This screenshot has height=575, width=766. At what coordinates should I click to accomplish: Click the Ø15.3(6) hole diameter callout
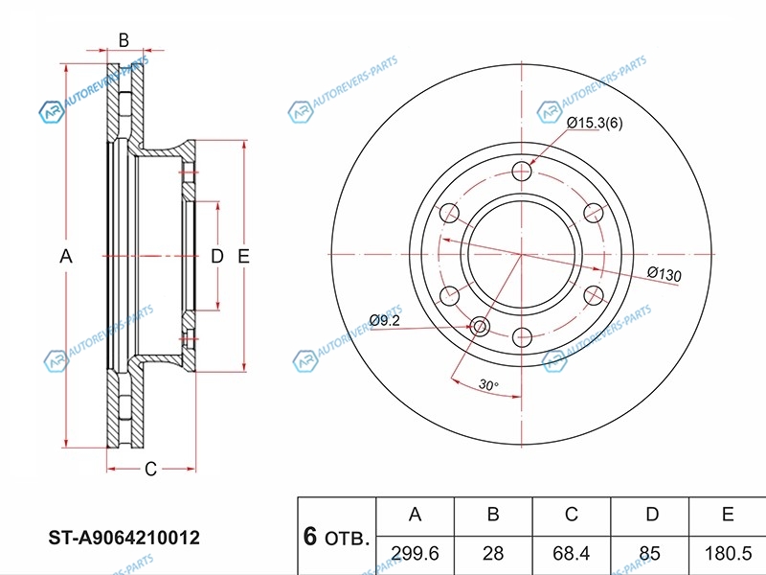(595, 123)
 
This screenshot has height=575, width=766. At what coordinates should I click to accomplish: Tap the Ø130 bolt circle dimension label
(664, 274)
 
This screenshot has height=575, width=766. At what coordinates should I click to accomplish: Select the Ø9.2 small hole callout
(385, 320)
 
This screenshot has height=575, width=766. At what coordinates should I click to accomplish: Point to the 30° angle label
(488, 385)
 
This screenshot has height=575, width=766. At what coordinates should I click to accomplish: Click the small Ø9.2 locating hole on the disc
(480, 327)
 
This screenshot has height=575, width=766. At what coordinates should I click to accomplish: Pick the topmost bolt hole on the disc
(522, 171)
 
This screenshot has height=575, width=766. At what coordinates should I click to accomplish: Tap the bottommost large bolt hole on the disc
(522, 337)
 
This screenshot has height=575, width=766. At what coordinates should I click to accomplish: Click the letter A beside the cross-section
(66, 256)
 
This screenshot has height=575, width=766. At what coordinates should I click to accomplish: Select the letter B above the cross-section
(124, 40)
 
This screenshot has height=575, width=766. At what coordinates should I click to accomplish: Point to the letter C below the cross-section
(150, 470)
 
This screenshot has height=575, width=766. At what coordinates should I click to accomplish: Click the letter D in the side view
(217, 256)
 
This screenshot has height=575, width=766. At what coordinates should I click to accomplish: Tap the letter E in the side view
(243, 256)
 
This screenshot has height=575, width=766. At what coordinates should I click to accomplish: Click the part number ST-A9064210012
(124, 538)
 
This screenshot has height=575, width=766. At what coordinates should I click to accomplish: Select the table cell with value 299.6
(416, 554)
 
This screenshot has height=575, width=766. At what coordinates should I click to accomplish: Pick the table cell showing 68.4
(571, 554)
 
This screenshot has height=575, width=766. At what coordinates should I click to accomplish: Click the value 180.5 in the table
(728, 554)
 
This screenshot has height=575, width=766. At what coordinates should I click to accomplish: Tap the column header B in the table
(493, 515)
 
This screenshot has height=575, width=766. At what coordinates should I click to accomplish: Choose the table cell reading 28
(493, 554)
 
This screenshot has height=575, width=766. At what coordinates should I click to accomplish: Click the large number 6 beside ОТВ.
(310, 537)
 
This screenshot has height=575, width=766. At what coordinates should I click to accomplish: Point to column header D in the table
(652, 515)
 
